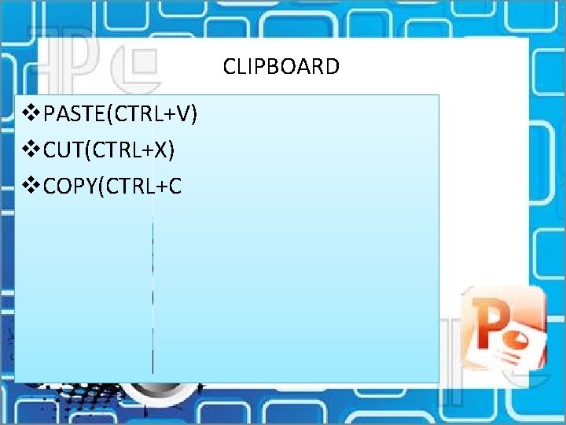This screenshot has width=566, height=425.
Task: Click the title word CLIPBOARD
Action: click(x=281, y=66)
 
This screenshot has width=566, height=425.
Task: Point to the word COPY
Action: click(x=69, y=186)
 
